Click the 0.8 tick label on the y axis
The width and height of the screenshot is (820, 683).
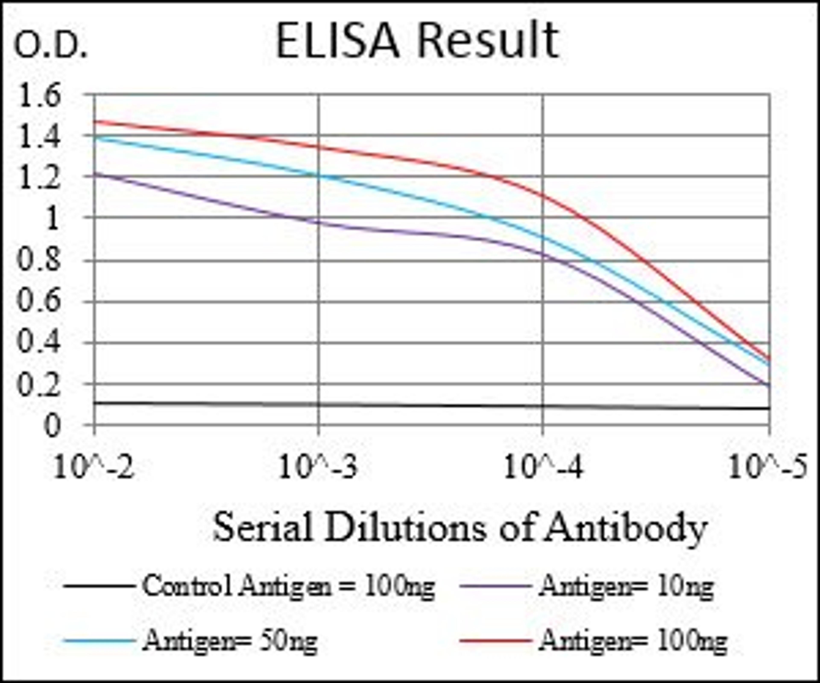39,260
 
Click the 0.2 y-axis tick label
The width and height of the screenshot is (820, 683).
39,384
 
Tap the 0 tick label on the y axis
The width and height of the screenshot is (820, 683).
52,425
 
